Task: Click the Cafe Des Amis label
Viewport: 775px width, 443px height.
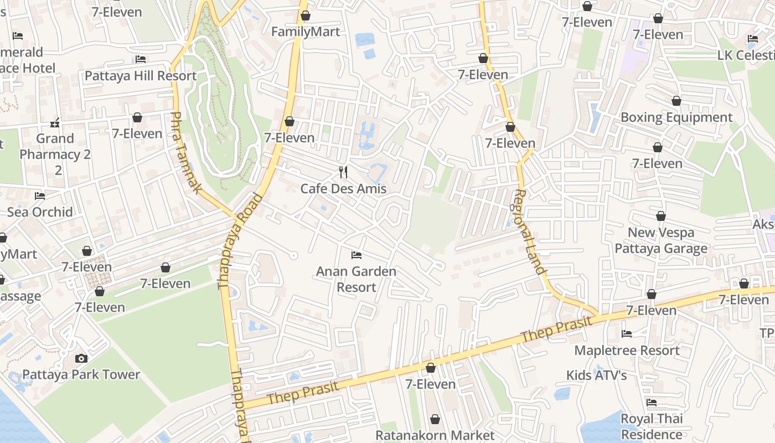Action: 343,189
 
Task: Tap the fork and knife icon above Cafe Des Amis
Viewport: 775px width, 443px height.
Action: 343,172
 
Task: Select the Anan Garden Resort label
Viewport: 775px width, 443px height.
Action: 356,279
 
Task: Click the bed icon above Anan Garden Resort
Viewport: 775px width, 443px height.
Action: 356,255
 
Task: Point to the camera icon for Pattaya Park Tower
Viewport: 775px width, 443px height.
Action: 81,358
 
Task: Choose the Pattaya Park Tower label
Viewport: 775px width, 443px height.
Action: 81,375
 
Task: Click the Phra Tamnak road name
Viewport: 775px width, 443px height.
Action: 185,152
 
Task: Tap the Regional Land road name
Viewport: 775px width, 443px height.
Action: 529,231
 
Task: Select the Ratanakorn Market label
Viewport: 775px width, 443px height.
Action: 435,435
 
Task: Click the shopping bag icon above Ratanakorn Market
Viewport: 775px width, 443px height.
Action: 435,419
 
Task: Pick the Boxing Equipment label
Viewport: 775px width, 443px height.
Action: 676,117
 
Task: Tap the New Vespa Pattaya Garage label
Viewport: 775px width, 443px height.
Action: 661,240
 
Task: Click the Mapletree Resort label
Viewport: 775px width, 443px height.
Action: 627,351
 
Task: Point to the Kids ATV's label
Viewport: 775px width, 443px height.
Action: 596,375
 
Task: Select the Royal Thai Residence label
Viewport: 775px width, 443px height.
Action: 652,426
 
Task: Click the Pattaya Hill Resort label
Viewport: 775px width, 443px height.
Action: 141,76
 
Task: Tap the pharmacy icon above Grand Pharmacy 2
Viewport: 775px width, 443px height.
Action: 55,122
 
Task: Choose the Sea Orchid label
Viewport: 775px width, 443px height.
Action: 40,212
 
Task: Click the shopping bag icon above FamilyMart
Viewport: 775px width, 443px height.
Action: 306,16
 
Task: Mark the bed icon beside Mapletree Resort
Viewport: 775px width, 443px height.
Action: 627,334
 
